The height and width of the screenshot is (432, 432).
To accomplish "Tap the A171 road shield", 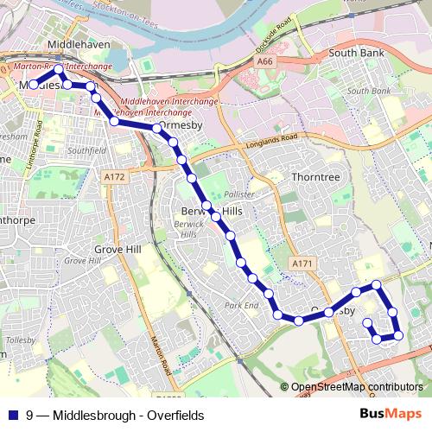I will click(301, 264).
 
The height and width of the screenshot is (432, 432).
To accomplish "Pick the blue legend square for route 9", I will click(13, 415).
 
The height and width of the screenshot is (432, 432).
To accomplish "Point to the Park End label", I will click(241, 305).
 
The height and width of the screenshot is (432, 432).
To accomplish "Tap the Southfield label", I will click(85, 151).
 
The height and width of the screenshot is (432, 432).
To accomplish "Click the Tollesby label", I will click(19, 340).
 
